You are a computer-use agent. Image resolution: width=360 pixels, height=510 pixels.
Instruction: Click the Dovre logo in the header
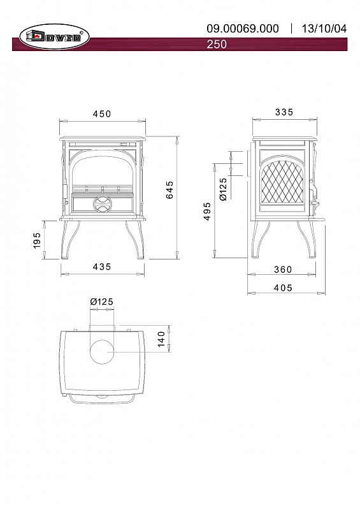(54, 37)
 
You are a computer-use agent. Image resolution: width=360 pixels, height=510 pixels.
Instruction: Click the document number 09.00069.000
(243, 29)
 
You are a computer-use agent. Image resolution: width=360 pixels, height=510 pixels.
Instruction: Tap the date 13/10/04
(324, 29)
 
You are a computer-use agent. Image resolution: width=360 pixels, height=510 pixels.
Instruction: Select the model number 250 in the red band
(217, 44)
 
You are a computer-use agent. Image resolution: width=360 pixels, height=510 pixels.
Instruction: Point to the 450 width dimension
(102, 114)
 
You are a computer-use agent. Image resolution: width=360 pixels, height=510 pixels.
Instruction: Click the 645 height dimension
(169, 189)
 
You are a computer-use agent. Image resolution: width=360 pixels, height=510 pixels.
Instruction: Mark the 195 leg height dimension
(37, 240)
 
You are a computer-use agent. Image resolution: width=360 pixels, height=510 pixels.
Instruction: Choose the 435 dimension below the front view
(102, 266)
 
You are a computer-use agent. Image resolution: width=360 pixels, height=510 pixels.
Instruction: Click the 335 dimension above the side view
(284, 112)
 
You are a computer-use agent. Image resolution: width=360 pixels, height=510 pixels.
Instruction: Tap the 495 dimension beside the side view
(208, 212)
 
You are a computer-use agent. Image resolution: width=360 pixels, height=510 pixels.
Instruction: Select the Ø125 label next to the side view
(223, 189)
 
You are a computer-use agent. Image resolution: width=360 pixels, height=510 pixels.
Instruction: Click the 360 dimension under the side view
(283, 270)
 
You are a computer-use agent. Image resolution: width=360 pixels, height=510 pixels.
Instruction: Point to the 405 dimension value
(283, 288)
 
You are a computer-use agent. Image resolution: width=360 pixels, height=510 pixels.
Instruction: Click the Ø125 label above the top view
(102, 302)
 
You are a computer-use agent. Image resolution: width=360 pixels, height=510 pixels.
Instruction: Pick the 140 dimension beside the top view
(161, 339)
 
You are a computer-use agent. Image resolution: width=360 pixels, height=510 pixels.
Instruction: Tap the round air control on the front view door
(103, 204)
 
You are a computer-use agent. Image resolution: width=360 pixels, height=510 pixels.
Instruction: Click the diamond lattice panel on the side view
(282, 182)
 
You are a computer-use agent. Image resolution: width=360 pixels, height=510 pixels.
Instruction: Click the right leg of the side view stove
(308, 240)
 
